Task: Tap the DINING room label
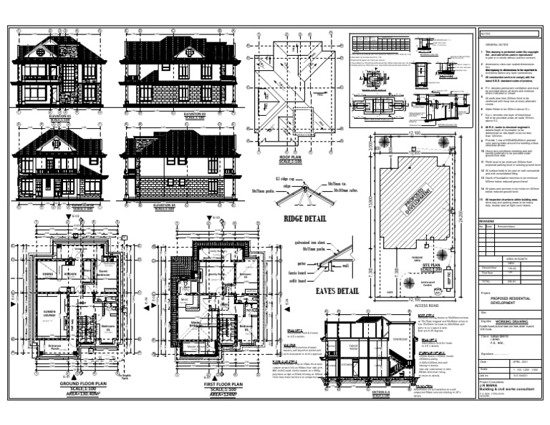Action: [49, 274]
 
